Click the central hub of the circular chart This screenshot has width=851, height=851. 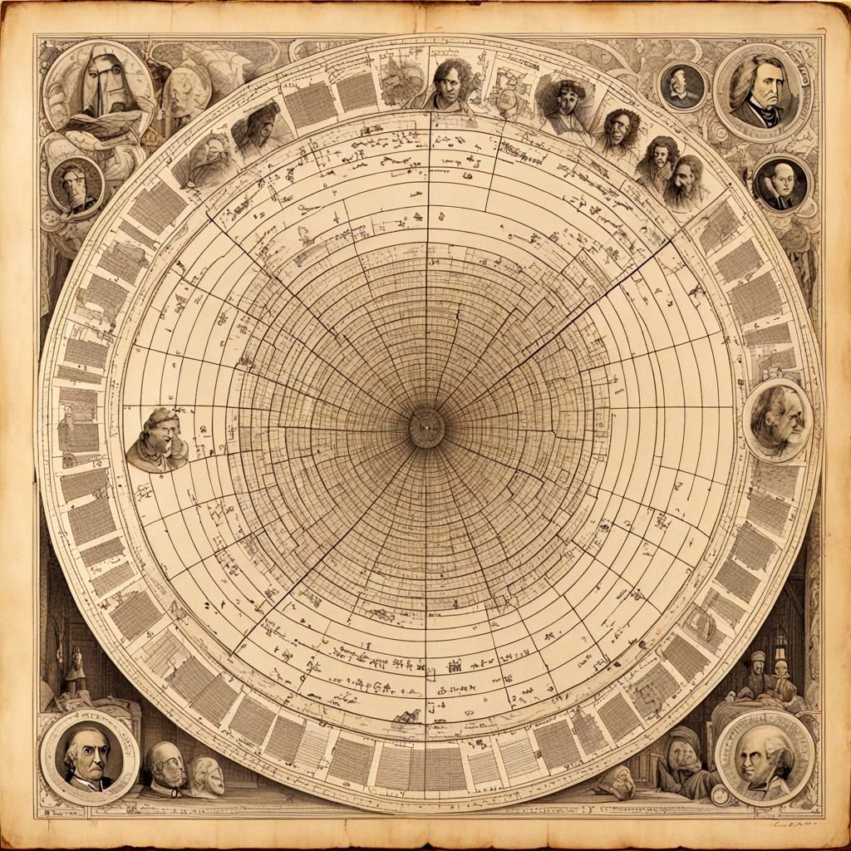[x=425, y=427]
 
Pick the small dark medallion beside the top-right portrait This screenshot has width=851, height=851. [x=683, y=86]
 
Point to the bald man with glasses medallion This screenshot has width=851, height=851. [x=781, y=184]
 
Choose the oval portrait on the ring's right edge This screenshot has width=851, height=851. [x=778, y=419]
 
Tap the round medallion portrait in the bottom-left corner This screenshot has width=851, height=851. [x=89, y=757]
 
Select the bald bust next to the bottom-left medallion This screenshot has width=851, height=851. [x=166, y=765]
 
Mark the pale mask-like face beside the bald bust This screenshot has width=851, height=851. [x=207, y=775]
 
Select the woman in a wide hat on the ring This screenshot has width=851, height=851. [x=566, y=104]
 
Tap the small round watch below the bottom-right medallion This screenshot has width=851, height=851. [x=720, y=794]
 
